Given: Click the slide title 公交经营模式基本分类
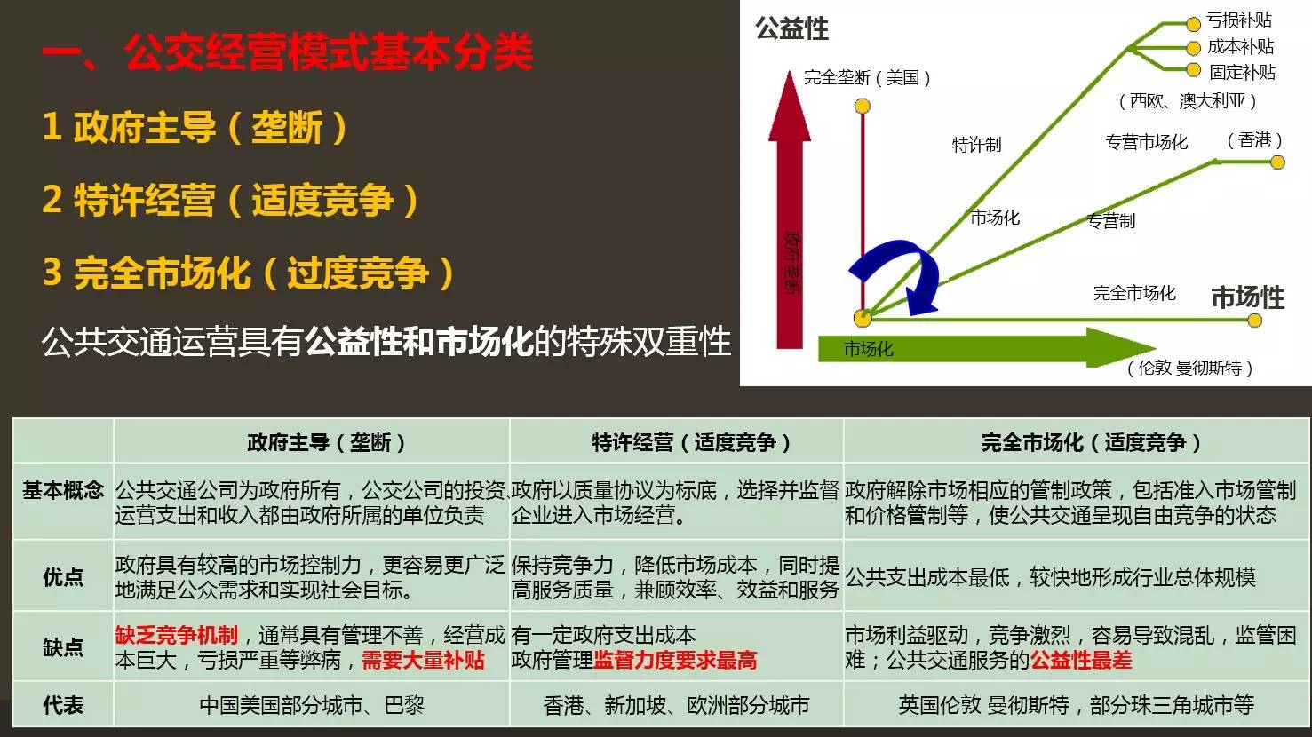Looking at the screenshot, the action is click(329, 52).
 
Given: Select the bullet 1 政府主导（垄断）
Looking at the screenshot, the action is click(195, 127).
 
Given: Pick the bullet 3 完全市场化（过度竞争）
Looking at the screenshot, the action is click(249, 273).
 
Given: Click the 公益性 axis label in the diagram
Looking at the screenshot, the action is click(791, 28).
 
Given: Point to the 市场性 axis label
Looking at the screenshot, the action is click(1247, 297).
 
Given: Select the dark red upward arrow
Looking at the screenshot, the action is click(790, 210).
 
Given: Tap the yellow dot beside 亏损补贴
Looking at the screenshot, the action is click(1193, 24).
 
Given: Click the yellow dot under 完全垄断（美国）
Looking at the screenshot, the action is click(863, 106).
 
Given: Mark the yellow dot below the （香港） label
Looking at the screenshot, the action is click(1277, 162).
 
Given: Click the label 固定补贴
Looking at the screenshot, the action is click(1243, 72).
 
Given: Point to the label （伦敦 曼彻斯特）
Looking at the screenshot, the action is click(1189, 368).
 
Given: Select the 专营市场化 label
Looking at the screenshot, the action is click(1146, 142).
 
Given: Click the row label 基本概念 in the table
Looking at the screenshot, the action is click(63, 490).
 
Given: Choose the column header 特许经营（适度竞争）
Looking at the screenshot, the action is click(691, 442).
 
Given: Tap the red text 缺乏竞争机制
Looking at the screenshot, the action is click(176, 635).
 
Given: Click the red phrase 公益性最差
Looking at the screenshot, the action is click(1081, 661).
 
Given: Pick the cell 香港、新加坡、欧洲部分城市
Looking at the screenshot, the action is click(676, 705).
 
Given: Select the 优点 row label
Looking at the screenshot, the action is click(63, 576).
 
